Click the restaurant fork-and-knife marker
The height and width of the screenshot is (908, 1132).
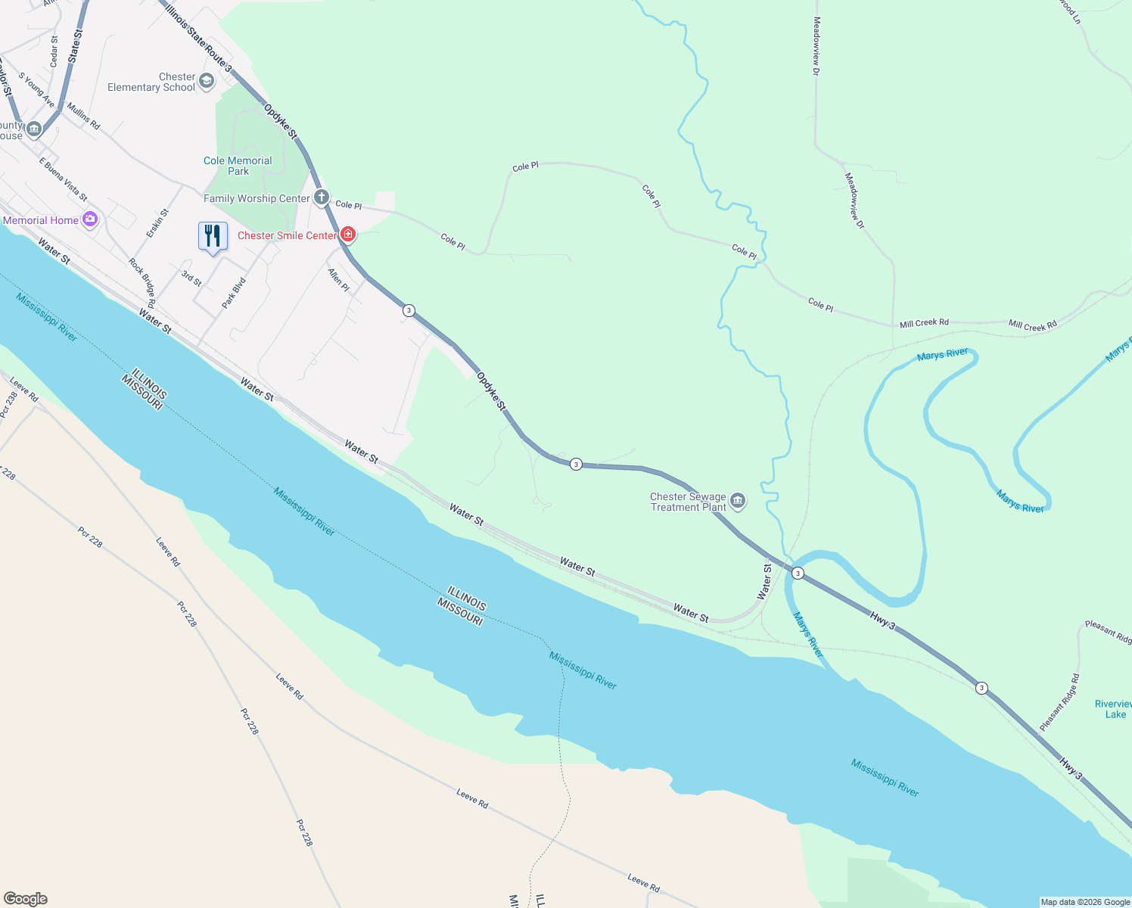213,235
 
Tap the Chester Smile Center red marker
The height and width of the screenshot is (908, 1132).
348,235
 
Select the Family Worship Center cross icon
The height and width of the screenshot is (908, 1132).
322,198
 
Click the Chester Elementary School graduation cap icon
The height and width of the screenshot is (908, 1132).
207,82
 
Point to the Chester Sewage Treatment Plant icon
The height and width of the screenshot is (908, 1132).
738,501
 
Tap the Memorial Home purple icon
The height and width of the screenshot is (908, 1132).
91,220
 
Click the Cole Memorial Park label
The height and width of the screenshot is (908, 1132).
238,166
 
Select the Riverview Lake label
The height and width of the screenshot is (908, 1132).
1114,709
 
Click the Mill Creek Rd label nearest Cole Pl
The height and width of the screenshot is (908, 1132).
924,323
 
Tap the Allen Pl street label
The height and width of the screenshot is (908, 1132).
338,280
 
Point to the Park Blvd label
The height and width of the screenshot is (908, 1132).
234,293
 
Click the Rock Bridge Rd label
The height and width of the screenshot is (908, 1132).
141,282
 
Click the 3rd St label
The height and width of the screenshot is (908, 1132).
191,278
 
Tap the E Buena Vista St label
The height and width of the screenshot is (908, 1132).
64,179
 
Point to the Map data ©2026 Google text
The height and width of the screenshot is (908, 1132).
1085,902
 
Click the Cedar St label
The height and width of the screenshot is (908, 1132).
54,51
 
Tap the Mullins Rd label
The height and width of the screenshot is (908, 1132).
83,116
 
